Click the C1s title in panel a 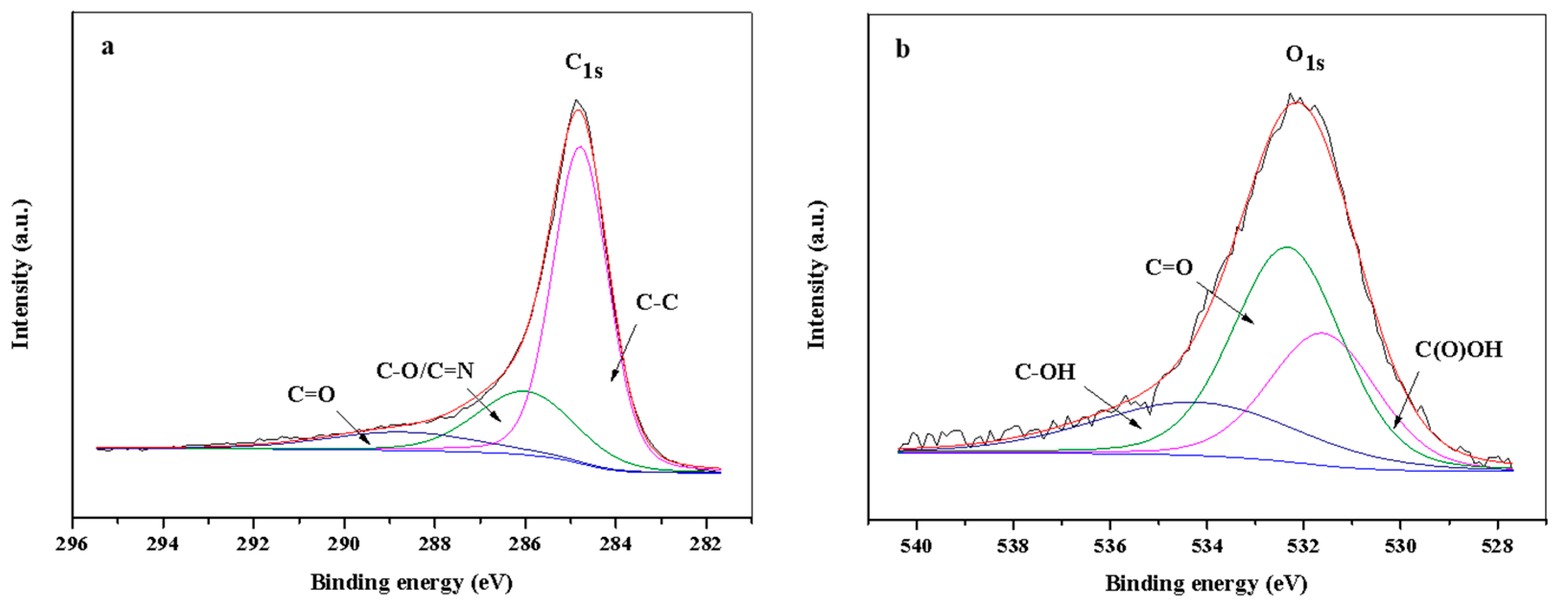pos(583,65)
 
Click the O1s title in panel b pos(1305,58)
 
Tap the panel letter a pos(108,47)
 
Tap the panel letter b pos(902,49)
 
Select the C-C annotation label pos(657,302)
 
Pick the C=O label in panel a pos(311,395)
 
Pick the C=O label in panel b pos(1169,267)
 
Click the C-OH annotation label pos(1044,372)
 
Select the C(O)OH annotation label pos(1458,350)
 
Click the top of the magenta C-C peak pos(579,147)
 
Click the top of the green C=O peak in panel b pos(1287,247)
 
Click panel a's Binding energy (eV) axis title pos(411,583)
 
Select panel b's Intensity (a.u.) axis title pos(817,275)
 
